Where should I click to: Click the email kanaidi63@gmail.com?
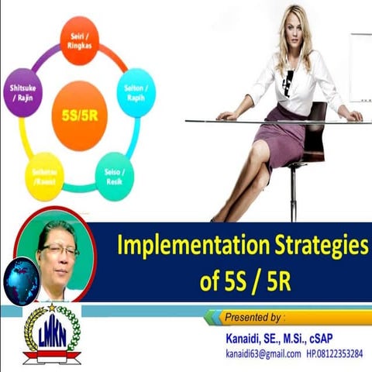pyautogui.click(x=258, y=353)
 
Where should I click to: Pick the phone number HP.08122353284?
pyautogui.click(x=335, y=353)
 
